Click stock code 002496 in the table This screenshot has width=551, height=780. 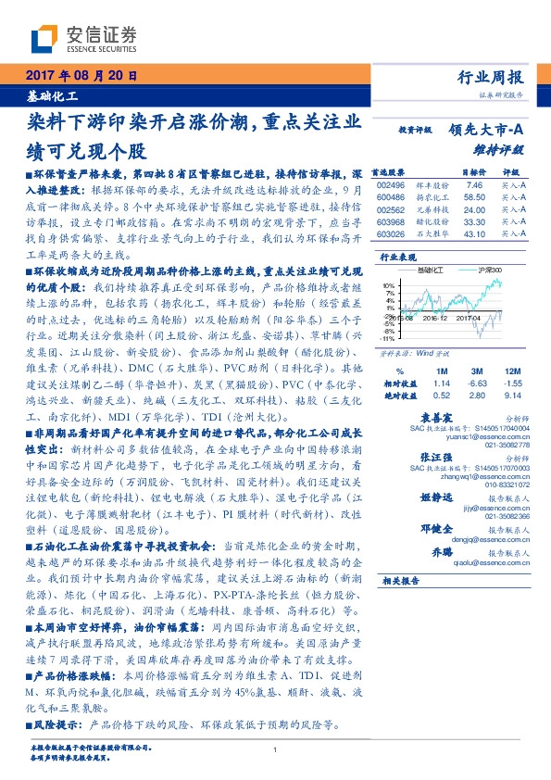(393, 184)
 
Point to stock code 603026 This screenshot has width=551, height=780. (393, 234)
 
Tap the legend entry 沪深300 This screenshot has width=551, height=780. (490, 270)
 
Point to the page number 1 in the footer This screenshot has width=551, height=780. (276, 750)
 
